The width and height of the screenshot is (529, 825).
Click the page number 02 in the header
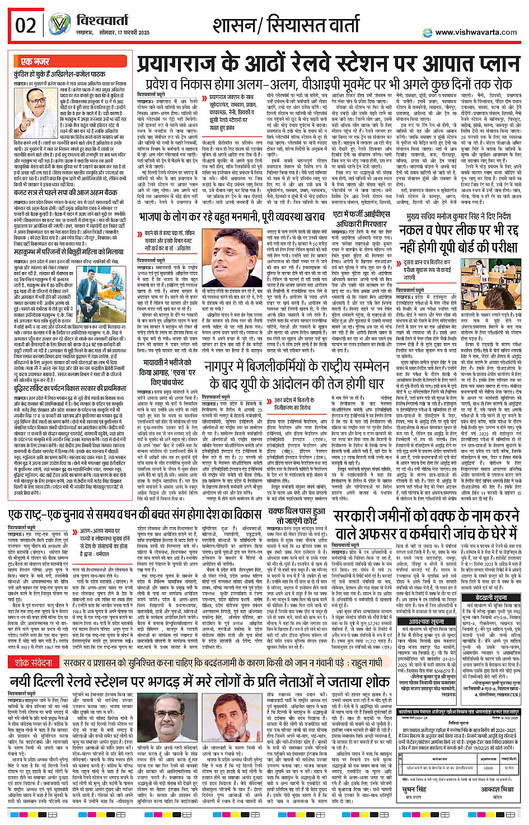coord(26,25)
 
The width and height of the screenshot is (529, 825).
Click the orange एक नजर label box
coord(35,62)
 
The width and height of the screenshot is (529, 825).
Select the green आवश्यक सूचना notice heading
coord(425,622)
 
